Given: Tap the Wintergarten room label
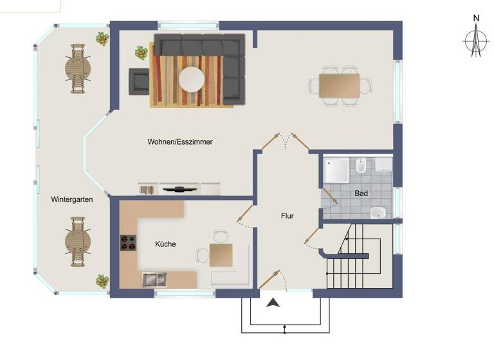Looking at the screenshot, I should [72, 199].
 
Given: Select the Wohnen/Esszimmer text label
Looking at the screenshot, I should [180, 141].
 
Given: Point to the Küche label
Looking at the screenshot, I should [165, 244].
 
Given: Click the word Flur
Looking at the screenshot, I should [287, 216].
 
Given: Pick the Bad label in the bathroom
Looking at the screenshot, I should [361, 193].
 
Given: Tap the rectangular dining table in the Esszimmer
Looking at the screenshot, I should [339, 85].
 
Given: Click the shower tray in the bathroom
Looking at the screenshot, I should [336, 169].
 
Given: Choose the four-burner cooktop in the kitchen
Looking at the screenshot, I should [128, 243].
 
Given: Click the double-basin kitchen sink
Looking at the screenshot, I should [154, 278].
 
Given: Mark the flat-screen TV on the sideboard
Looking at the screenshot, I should [179, 189].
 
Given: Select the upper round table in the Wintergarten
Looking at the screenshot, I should [78, 68].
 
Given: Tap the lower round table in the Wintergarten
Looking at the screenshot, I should [78, 241].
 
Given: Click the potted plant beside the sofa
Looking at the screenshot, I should [142, 53].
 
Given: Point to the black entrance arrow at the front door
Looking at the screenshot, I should [273, 303].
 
